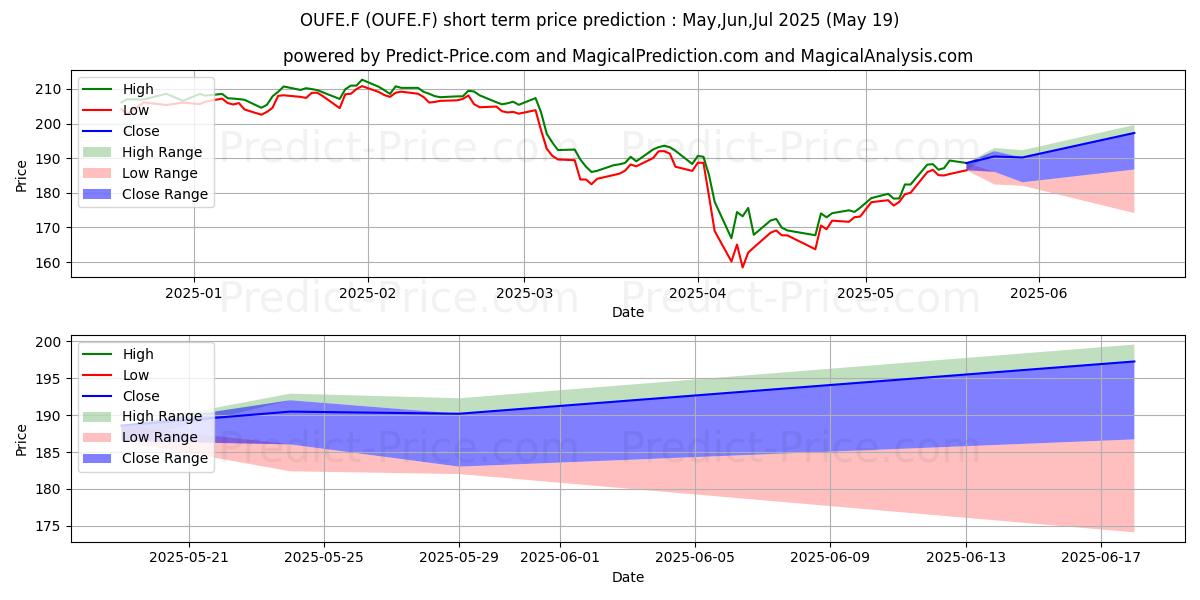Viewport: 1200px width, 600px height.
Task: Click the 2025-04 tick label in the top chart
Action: coord(698,293)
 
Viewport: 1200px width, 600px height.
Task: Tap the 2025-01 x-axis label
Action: coord(193,293)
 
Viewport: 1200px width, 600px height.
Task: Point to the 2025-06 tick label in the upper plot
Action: coord(1039,293)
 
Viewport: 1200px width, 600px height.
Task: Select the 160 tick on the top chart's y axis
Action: coord(48,263)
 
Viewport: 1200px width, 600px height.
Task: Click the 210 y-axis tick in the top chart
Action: coord(48,89)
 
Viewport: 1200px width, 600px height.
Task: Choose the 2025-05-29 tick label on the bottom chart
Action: coord(459,557)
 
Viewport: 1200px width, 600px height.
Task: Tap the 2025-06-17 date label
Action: coord(1101,557)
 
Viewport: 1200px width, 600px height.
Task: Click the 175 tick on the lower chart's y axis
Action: coord(48,527)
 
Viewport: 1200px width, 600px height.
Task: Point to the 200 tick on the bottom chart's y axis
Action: coord(48,342)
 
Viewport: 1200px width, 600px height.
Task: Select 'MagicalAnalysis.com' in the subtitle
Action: coord(887,56)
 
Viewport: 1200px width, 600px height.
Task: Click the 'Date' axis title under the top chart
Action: coord(628,312)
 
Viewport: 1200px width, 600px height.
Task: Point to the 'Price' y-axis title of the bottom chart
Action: coord(21,440)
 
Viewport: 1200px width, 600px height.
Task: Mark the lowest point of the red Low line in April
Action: coord(742,267)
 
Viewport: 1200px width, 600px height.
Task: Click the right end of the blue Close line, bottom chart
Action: coord(1134,362)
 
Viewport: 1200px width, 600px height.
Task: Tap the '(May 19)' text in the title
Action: coord(862,20)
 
